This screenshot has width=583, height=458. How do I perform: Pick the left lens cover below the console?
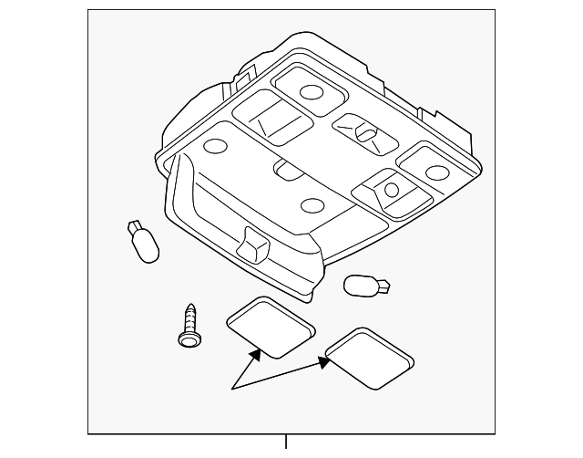click(271, 327)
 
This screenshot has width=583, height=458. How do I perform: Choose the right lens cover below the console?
click(368, 358)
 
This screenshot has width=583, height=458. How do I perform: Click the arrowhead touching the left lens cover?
click(258, 351)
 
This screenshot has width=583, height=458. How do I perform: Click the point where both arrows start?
click(231, 390)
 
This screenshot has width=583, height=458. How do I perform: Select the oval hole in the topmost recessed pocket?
click(311, 91)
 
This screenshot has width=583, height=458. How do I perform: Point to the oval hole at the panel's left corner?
click(215, 146)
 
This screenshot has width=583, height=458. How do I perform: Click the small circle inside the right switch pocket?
click(391, 190)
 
